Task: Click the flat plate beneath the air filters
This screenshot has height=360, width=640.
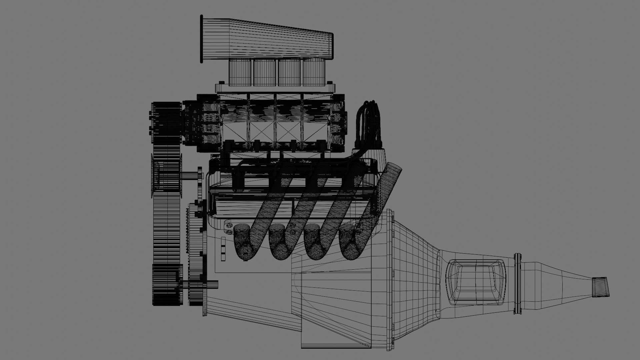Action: (275, 88)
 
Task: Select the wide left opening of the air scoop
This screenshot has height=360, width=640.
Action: (202, 38)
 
